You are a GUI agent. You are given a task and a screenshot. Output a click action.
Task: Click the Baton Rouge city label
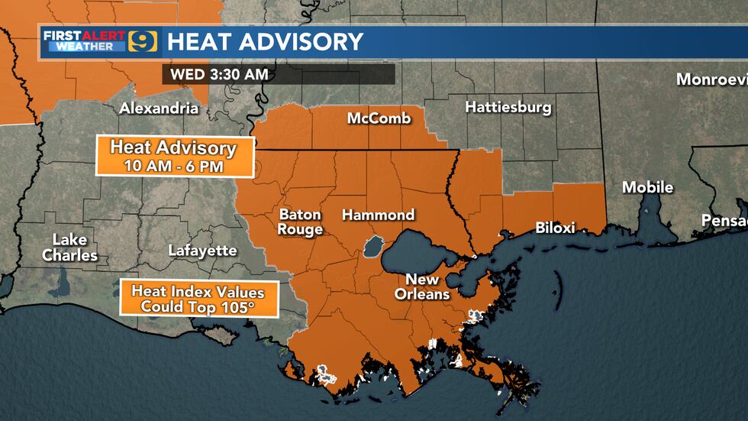pos(300,222)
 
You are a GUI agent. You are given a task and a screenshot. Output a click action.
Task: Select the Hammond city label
pos(378,215)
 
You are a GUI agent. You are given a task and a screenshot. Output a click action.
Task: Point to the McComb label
pos(379,118)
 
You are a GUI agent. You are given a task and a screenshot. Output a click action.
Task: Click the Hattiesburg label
pos(508,107)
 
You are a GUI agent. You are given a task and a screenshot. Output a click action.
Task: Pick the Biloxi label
pos(555,227)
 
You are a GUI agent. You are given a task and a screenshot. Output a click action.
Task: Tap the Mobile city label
pos(647,187)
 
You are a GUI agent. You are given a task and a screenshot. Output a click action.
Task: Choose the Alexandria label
pos(159,108)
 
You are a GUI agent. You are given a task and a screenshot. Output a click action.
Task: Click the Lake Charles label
pos(69,248)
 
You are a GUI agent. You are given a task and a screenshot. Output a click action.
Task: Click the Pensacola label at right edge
pos(724,221)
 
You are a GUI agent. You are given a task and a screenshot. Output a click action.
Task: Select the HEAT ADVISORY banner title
pos(265,41)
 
